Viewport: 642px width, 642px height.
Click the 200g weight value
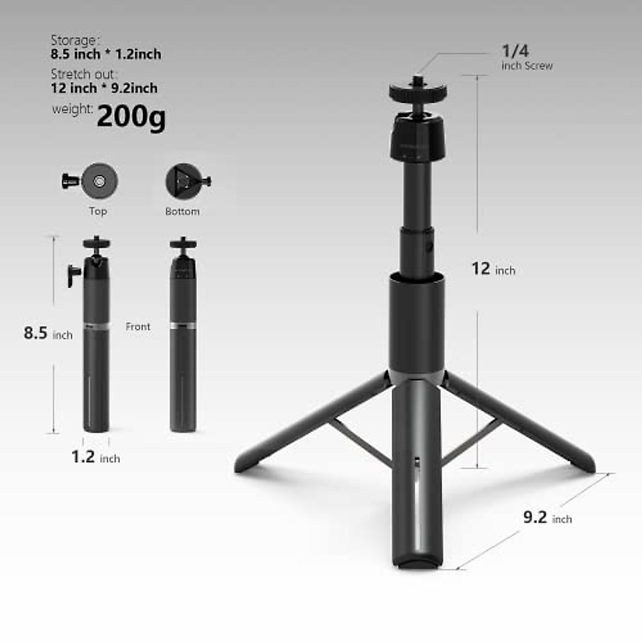131,117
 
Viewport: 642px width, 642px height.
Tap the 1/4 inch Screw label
526,57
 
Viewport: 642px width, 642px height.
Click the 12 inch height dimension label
493,269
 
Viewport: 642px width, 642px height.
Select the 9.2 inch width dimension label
547,518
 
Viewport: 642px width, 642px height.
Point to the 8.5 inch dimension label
48,333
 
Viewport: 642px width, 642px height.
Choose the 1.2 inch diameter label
95,457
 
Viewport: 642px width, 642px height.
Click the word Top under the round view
98,211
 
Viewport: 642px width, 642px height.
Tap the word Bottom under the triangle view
182,211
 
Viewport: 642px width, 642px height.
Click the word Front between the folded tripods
137,326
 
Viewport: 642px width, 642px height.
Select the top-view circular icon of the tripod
99,181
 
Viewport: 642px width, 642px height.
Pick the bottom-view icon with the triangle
182,181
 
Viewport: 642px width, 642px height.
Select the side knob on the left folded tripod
72,274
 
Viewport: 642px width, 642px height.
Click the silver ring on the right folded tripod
182,325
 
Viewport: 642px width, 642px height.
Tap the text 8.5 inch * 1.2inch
106,54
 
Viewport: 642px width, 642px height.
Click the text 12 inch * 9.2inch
104,88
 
